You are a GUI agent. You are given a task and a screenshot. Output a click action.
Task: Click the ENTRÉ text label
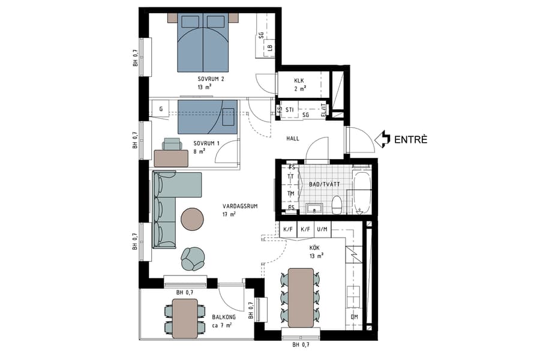coord(410,140)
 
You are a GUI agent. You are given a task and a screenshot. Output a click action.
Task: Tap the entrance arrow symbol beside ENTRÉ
coord(382,140)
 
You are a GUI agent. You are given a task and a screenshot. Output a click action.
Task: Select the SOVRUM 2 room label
coord(211,79)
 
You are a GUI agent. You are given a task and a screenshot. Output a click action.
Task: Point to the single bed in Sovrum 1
coord(208,116)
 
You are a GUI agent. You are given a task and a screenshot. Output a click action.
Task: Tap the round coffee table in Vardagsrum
coord(193,218)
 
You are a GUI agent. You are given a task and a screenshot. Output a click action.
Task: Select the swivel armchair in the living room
coord(193,259)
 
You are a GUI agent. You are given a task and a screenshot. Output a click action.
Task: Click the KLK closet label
coord(299,82)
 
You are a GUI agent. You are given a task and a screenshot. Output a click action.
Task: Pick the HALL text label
coord(293,139)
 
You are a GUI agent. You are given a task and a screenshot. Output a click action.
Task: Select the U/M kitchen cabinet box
coord(322,229)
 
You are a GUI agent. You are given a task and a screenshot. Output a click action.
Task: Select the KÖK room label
coord(315,247)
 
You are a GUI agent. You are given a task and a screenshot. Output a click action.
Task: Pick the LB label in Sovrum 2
coord(270,47)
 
